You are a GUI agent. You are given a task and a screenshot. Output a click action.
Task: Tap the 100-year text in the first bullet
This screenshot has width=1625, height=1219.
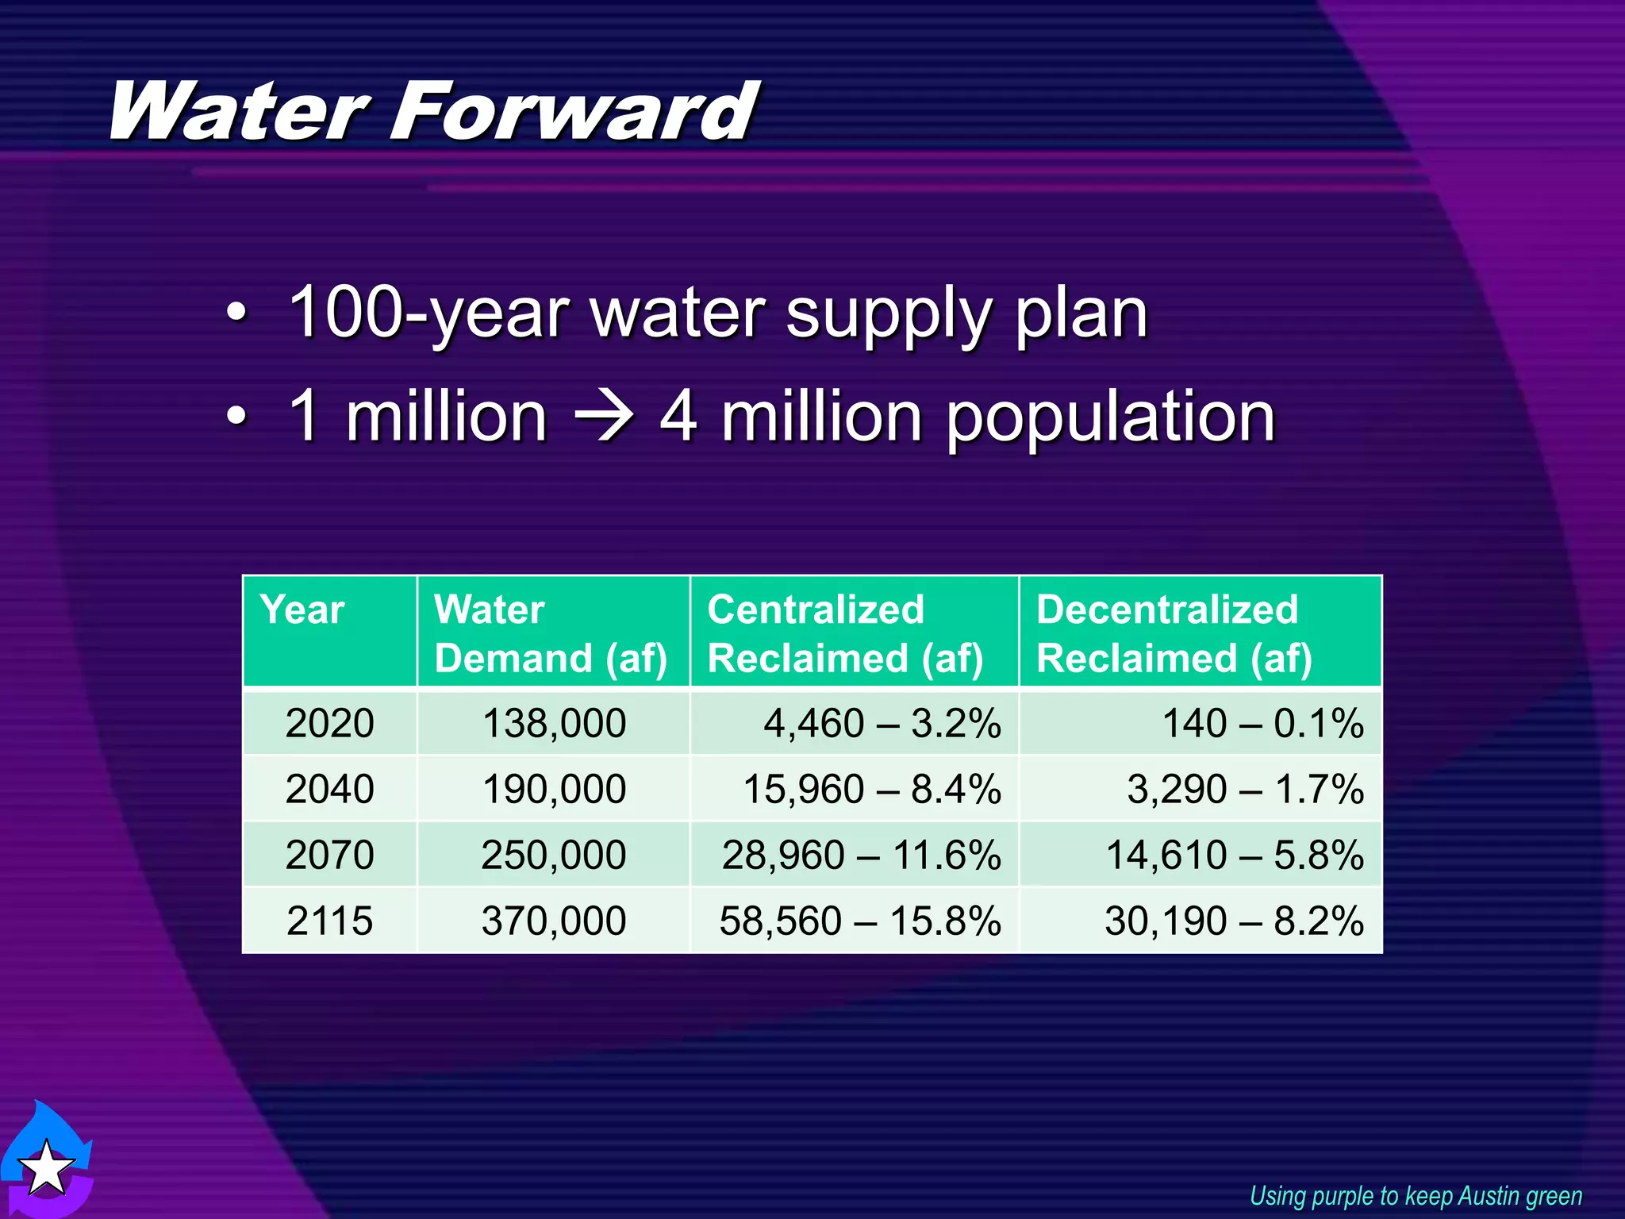[428, 313]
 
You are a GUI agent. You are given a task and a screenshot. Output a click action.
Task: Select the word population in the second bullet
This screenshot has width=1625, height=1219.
[1111, 419]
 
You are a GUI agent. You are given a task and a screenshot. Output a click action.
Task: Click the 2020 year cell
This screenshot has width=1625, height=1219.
[329, 724]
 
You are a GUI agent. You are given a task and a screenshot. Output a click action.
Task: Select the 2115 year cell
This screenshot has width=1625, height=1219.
[329, 921]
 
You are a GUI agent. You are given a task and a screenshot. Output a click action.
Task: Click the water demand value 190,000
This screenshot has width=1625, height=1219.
[554, 790]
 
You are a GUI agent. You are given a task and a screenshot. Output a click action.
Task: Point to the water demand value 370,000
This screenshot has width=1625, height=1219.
[554, 921]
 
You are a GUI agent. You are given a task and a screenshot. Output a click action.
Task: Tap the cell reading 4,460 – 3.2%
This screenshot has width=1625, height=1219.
[882, 724]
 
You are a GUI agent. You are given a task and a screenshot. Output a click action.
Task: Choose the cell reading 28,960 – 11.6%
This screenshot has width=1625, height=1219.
[861, 856]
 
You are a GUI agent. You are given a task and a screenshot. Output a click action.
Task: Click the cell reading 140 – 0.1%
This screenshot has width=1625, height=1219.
[1262, 724]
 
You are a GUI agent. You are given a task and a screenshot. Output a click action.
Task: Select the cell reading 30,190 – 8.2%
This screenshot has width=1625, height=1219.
[1234, 921]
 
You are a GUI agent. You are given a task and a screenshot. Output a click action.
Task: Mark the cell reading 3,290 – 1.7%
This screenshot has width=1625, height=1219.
[1245, 790]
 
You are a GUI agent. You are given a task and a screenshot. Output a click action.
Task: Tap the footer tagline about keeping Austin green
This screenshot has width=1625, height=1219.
[1416, 1196]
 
